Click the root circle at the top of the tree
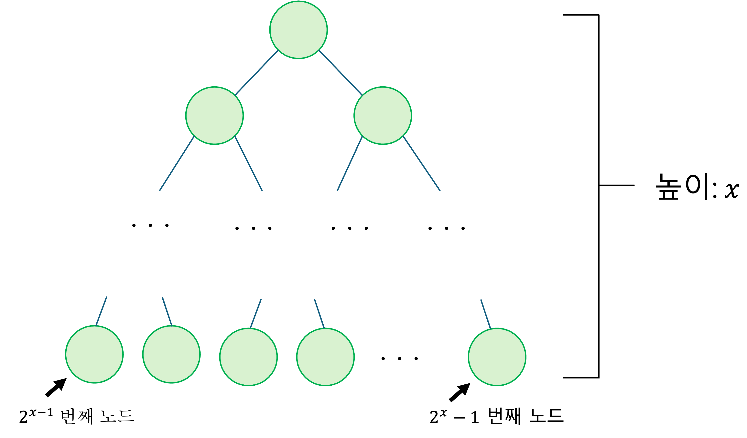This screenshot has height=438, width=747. (x=298, y=30)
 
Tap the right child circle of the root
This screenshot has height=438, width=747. (x=383, y=116)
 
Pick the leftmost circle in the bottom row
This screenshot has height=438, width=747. (x=94, y=354)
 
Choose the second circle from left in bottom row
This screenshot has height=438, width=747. (x=171, y=354)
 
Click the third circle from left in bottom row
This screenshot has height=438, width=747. (x=248, y=357)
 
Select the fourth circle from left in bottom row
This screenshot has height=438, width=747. (x=325, y=357)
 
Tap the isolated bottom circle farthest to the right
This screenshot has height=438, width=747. (x=497, y=357)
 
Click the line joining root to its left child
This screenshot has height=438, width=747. (x=256, y=73)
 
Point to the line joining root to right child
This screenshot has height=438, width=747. (x=341, y=73)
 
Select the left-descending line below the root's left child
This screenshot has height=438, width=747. (x=177, y=164)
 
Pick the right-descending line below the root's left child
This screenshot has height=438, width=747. (x=249, y=164)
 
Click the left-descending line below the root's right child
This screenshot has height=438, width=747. (x=350, y=164)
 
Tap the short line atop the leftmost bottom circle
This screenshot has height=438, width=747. (x=101, y=311)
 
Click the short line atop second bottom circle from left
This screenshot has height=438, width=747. (x=167, y=312)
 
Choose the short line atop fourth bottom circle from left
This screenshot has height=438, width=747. (x=319, y=313)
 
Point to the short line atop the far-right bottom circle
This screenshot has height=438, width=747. (x=486, y=314)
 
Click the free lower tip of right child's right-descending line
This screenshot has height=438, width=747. (x=440, y=190)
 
